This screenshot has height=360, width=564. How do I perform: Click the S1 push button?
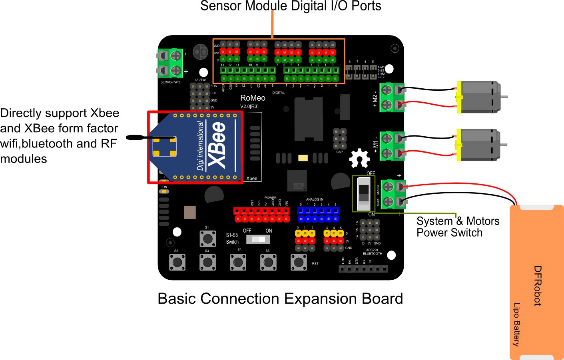207,239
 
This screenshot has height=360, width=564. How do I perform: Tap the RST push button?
299,263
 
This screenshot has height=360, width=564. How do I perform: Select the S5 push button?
268,263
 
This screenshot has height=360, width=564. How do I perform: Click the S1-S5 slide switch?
258,239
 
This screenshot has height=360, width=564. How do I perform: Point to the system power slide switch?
363,193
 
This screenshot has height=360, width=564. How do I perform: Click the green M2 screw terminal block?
391,97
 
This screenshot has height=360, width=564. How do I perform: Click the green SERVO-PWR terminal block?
171,63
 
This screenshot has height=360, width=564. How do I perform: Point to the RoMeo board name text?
253,98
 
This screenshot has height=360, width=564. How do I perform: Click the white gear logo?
359,159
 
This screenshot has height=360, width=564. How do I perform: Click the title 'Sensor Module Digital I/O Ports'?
291,6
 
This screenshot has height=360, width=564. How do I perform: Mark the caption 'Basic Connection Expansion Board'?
280,299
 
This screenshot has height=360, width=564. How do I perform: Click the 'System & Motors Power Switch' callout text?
458,227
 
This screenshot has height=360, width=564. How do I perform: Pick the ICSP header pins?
340,139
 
